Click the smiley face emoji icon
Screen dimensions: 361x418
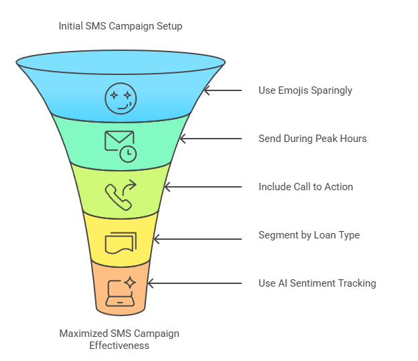point(121,98)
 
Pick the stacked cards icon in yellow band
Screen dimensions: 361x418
point(120,242)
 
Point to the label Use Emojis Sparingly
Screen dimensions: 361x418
point(305,90)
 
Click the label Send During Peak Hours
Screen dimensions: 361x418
point(312,139)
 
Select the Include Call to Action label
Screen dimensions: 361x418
point(305,187)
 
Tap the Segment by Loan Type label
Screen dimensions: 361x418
point(309,235)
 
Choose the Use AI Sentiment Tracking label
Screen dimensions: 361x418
point(317,283)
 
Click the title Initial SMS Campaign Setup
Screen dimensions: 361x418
point(120,27)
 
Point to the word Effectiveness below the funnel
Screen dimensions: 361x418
point(120,346)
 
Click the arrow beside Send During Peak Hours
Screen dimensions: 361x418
point(210,139)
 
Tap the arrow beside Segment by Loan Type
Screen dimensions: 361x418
point(198,235)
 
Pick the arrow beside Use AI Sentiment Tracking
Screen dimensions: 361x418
point(194,283)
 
